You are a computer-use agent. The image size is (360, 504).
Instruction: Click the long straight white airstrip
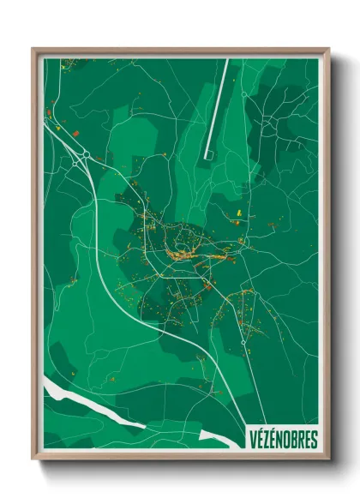pos(219,107)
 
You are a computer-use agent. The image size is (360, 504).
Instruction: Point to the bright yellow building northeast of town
pos(237,210)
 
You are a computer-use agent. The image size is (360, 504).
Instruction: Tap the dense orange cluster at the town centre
pos(182,249)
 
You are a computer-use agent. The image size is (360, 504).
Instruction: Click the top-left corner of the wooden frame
pos(33,49)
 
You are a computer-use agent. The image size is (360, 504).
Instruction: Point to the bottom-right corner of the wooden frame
pos(328,460)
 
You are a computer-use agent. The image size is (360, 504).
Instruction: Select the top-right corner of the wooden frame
pos(328,49)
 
